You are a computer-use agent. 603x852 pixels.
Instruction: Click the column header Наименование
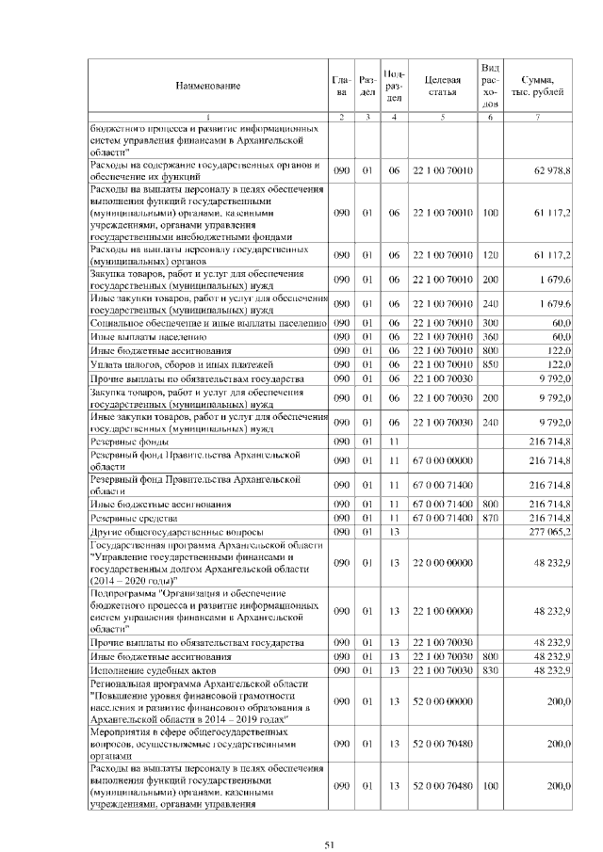[207, 86]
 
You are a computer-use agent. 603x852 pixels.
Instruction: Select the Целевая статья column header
[442, 86]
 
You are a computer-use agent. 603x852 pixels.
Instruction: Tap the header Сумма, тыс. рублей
[537, 86]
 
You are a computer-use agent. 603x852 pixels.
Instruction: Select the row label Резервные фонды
[130, 441]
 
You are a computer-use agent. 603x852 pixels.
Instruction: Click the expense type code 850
[489, 363]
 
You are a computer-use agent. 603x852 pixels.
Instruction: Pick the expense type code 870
[489, 518]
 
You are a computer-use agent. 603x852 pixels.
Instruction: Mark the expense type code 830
[489, 669]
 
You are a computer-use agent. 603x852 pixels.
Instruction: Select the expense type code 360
[489, 336]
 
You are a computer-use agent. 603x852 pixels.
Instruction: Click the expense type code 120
[489, 254]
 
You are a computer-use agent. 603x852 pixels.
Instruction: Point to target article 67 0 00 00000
[442, 460]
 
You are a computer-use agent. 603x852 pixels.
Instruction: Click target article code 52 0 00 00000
[442, 699]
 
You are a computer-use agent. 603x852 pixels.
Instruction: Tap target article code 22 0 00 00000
[442, 563]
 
